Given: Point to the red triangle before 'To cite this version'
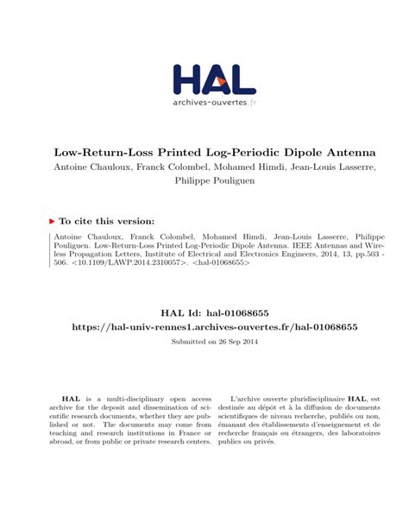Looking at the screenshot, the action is (52, 221).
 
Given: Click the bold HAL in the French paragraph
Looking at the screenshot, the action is (356, 400).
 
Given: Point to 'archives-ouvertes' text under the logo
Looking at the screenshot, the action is (210, 103).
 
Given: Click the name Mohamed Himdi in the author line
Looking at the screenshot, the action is (244, 166).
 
